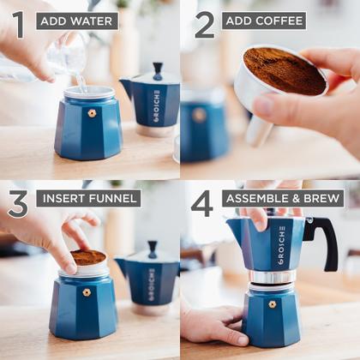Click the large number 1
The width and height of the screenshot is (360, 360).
[17, 24]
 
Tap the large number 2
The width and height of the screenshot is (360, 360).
[204, 24]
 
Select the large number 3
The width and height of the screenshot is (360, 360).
[17, 204]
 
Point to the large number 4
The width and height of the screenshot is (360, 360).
[202, 204]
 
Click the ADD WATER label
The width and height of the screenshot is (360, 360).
[77, 21]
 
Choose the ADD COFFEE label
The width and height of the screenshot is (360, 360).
[264, 21]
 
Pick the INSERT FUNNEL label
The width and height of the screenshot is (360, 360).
[88, 199]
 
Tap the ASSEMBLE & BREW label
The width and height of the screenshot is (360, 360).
[283, 199]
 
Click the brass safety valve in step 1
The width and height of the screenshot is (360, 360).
[91, 113]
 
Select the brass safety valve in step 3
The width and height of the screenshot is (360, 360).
[87, 292]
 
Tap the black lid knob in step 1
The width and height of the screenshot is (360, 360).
[157, 69]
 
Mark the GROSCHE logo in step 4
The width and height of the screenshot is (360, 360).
[281, 245]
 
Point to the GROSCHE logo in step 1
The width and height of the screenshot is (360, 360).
[157, 105]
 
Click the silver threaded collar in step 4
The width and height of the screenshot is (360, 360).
[273, 277]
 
